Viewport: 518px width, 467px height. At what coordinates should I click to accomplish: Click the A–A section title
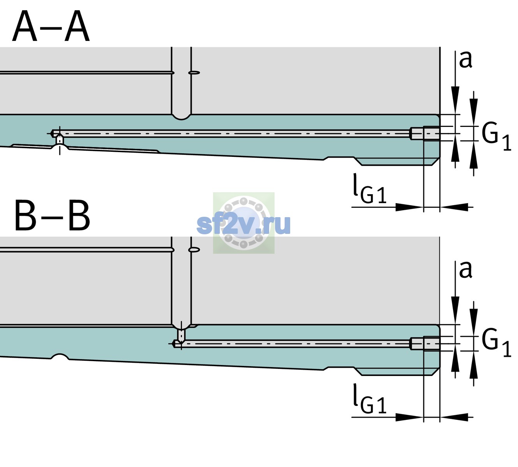pos(51,26)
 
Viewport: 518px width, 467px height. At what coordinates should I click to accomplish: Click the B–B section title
pos(53,216)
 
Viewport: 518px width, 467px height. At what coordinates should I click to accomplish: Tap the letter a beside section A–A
pos(466,60)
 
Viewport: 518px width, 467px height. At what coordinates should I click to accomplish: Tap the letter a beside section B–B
pos(466,270)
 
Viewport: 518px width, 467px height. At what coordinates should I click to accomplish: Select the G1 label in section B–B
pos(496,343)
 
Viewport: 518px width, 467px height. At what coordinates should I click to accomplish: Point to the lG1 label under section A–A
pos(370,188)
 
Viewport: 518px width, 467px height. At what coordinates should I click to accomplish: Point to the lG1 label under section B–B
pos(370,399)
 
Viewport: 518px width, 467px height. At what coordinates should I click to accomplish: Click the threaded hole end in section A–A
pos(425,133)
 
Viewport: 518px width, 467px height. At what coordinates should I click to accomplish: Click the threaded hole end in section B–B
pos(425,344)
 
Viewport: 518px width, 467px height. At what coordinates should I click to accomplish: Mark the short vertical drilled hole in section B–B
pos(181,335)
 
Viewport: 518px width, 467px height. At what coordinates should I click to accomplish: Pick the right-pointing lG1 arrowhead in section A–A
pos(410,207)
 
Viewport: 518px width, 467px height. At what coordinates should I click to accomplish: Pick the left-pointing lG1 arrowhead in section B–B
pos(454,417)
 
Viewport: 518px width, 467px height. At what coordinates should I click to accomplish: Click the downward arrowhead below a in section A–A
pos(455,100)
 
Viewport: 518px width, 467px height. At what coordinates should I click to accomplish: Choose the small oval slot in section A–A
pos(194,73)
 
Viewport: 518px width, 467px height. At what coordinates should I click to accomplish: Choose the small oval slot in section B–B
pos(194,250)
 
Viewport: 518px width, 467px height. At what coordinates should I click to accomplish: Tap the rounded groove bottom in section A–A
pos(181,117)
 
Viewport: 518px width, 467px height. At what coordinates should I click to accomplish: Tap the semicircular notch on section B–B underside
pos(60,356)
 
